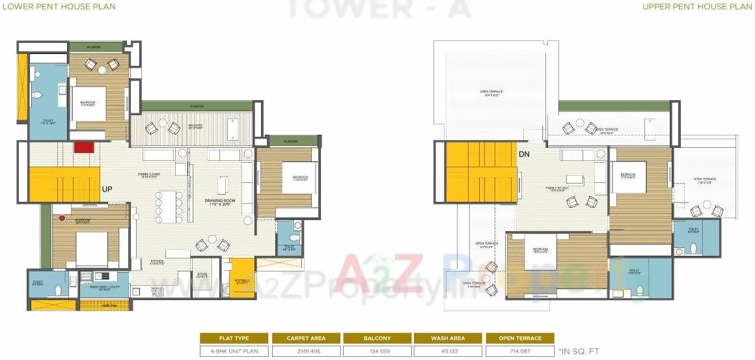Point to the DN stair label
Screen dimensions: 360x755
(x=525, y=154)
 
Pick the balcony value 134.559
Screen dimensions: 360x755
(x=377, y=351)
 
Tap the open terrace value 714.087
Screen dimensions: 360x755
(x=519, y=351)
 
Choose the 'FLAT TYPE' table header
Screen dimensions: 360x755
(x=234, y=339)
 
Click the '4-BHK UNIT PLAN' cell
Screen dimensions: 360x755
(x=234, y=351)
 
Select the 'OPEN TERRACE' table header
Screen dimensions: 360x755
(x=519, y=339)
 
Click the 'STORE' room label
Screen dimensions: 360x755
(x=202, y=275)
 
